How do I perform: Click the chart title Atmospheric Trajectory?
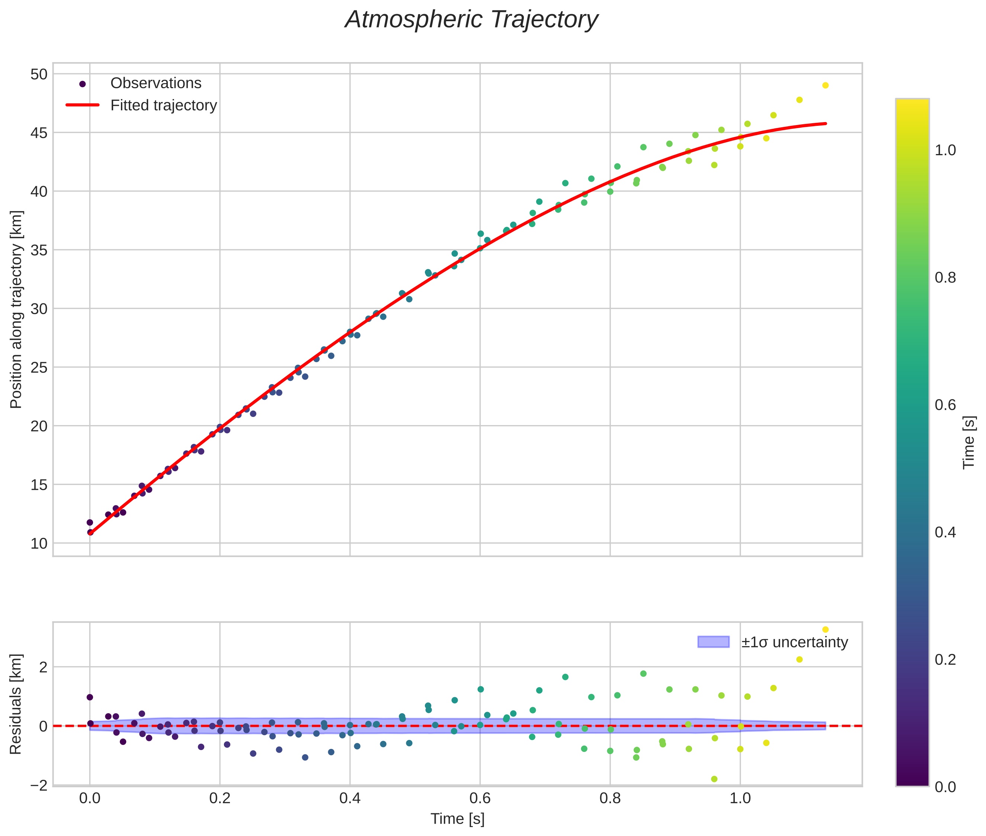click(x=471, y=20)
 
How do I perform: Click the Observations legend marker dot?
click(x=83, y=84)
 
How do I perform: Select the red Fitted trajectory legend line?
click(x=83, y=105)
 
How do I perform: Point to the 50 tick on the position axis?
click(x=39, y=74)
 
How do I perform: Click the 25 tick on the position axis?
click(x=39, y=368)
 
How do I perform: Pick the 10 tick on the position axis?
click(x=39, y=543)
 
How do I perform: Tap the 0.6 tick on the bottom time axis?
click(x=480, y=798)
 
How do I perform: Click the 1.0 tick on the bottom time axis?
click(x=740, y=798)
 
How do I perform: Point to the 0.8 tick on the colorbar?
click(x=945, y=278)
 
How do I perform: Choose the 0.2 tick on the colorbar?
click(x=945, y=660)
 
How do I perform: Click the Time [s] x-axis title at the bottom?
click(x=457, y=819)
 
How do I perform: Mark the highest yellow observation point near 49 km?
click(x=825, y=85)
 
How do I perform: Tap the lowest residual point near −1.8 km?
click(x=714, y=779)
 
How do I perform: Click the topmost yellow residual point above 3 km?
click(x=825, y=629)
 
